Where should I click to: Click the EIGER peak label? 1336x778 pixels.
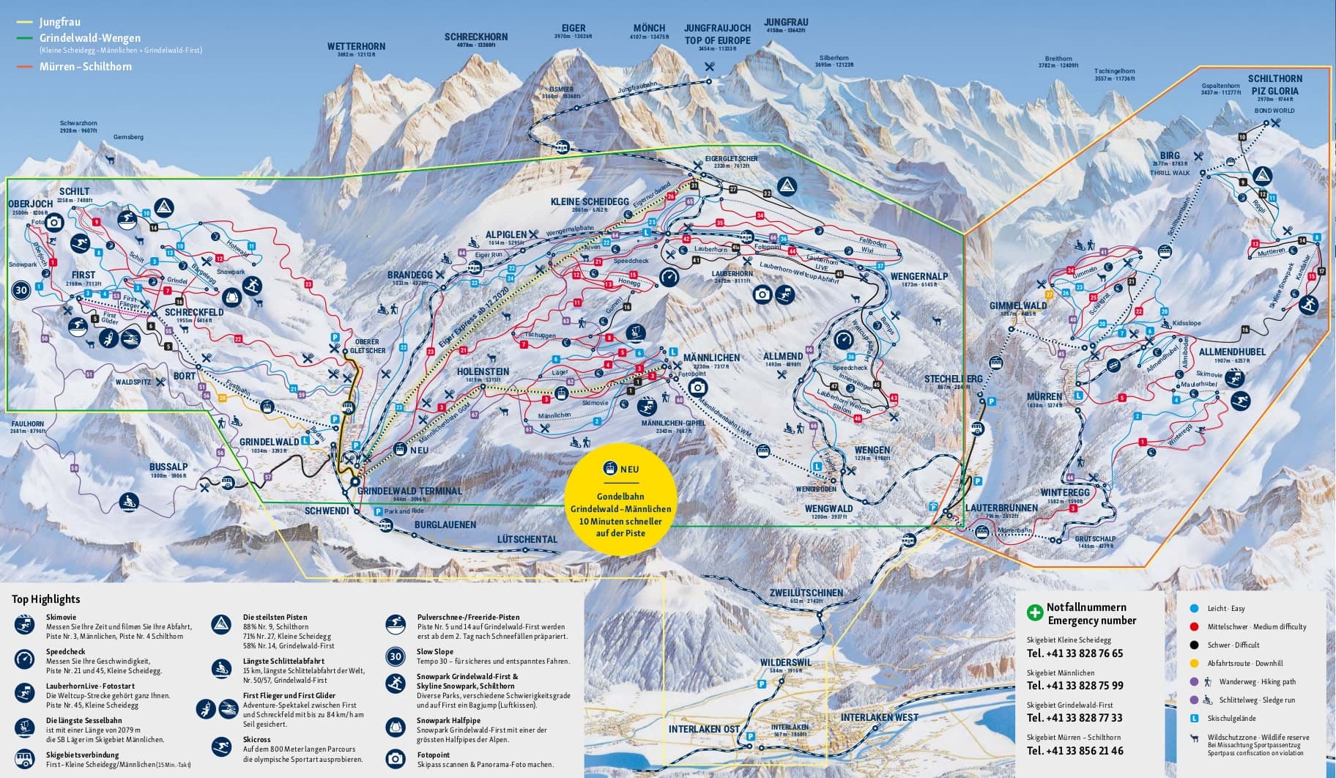pyautogui.click(x=573, y=29)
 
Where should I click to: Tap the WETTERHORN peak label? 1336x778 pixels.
pyautogui.click(x=356, y=46)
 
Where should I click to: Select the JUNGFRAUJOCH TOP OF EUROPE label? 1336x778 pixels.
pyautogui.click(x=717, y=34)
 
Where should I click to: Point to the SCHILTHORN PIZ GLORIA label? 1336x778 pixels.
pyautogui.click(x=1275, y=84)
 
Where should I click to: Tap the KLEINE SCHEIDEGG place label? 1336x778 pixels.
pyautogui.click(x=590, y=201)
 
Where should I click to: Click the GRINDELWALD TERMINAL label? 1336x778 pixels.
pyautogui.click(x=409, y=491)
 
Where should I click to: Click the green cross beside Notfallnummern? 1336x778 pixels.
pyautogui.click(x=1034, y=612)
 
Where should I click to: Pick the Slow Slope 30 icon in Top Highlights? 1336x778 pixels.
pyautogui.click(x=396, y=656)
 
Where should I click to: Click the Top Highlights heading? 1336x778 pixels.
pyautogui.click(x=45, y=599)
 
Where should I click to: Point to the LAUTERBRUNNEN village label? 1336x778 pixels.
pyautogui.click(x=1001, y=508)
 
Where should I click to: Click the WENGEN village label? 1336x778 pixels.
pyautogui.click(x=872, y=450)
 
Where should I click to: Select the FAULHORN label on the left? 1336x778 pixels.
pyautogui.click(x=28, y=423)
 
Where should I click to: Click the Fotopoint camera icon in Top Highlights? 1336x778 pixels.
pyautogui.click(x=396, y=759)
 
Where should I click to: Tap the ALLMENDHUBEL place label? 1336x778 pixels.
pyautogui.click(x=1232, y=352)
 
